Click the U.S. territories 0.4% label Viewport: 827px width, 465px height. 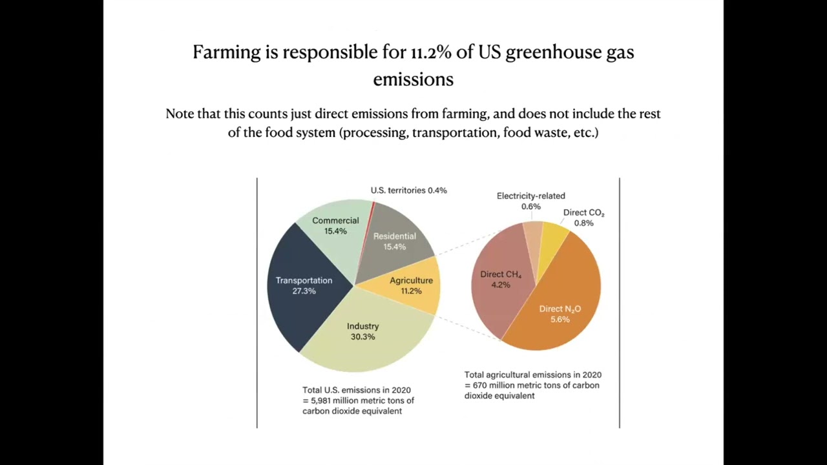point(408,191)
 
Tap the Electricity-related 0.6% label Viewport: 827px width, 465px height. point(530,201)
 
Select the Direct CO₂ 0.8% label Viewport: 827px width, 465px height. point(583,218)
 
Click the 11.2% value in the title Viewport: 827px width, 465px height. point(430,52)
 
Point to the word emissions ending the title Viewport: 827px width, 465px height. point(413,79)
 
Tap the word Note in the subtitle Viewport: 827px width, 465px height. point(179,114)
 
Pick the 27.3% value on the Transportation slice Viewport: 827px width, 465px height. point(304,291)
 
